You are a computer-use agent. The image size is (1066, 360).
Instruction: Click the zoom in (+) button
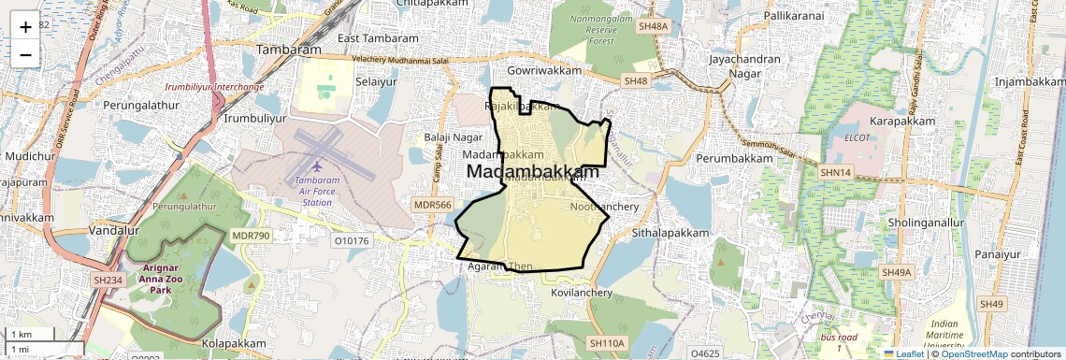point(25,26)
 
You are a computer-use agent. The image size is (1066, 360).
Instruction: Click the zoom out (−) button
point(25,54)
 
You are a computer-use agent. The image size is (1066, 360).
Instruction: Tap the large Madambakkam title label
point(532,172)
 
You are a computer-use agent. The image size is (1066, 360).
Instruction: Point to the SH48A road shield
point(654,27)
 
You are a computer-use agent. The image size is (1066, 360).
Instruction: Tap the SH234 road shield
point(108,280)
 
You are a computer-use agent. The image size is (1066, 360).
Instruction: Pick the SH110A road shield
point(606,344)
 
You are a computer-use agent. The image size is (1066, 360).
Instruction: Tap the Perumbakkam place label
point(734,159)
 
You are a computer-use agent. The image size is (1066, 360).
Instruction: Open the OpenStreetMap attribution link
point(975,353)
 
